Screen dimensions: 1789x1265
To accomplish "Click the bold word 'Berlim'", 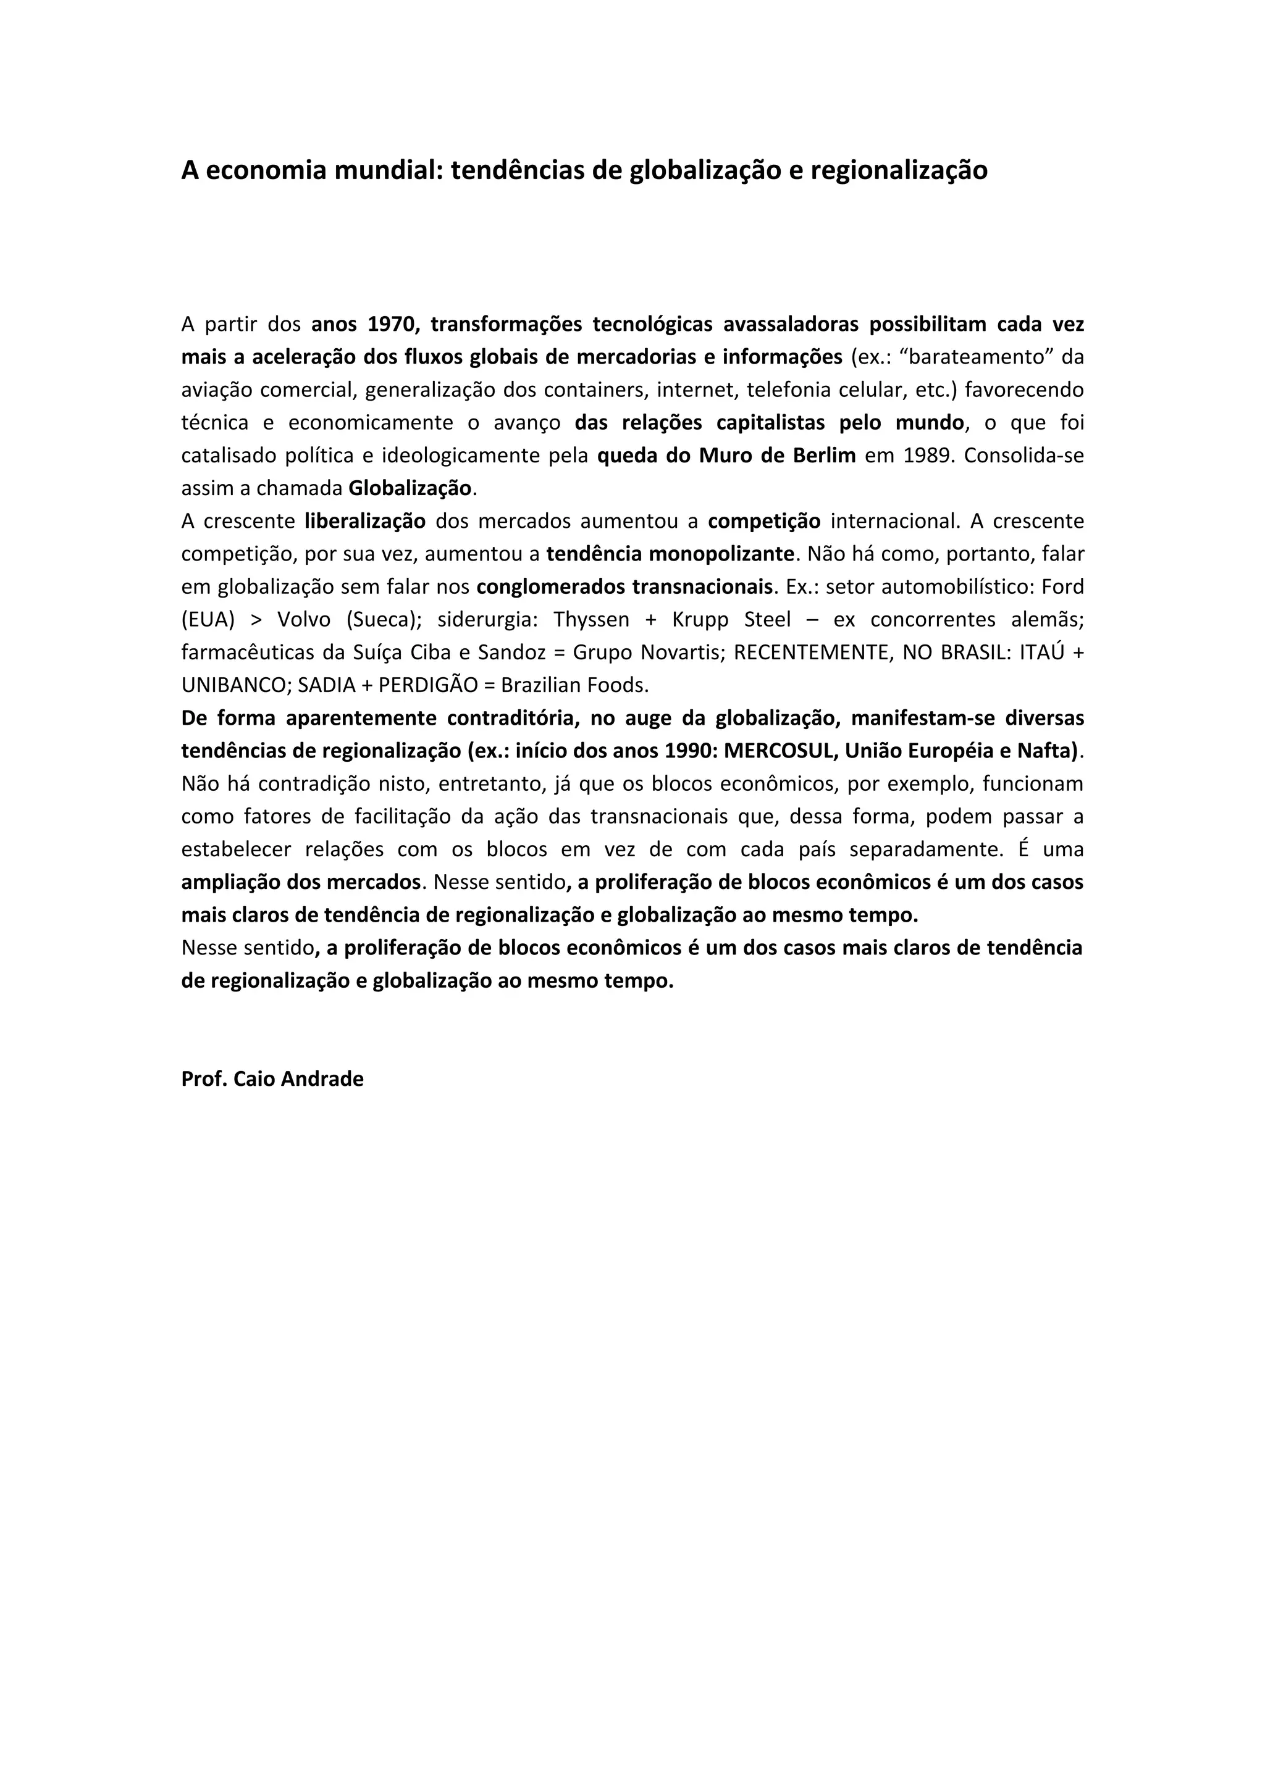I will tap(824, 455).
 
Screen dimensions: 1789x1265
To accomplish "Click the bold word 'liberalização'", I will tap(365, 520).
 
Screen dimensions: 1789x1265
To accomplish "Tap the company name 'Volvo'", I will tap(304, 619).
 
